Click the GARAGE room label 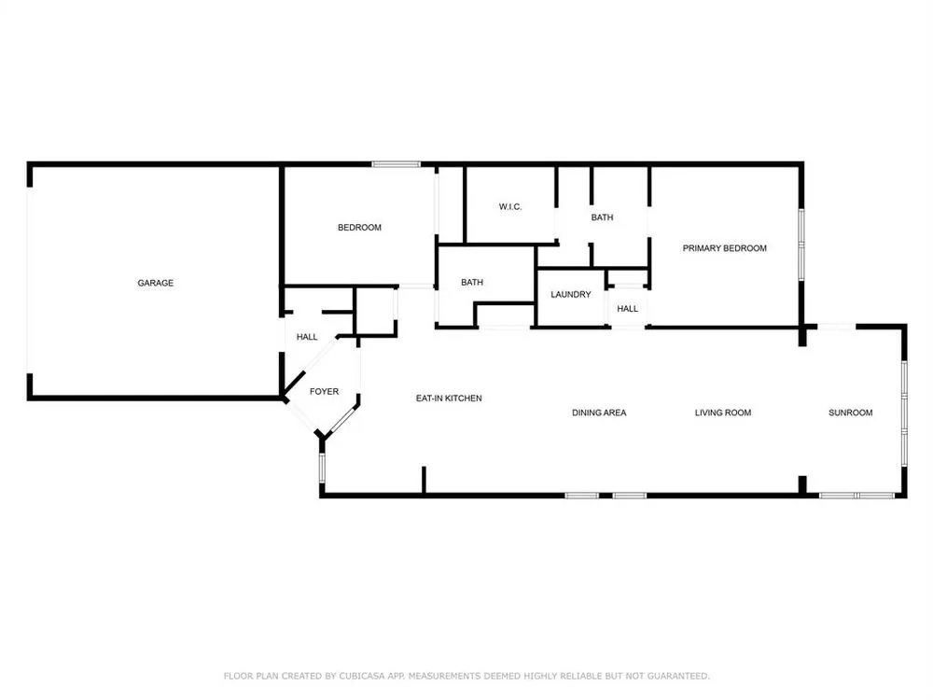(x=155, y=283)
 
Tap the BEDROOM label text (x=359, y=228)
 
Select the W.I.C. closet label (x=510, y=207)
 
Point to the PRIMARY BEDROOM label (x=724, y=248)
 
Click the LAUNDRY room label (x=571, y=295)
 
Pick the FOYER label (x=325, y=392)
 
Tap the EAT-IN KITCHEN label (x=449, y=399)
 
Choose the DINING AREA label (x=599, y=413)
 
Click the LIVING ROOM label (x=723, y=413)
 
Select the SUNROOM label (x=850, y=413)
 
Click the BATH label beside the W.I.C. (x=602, y=217)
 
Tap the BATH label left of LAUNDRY (x=472, y=282)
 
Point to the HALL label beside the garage (x=307, y=337)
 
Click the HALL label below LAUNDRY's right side (x=627, y=308)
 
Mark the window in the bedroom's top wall (x=397, y=164)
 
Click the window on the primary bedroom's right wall (x=801, y=245)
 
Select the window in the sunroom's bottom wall (x=856, y=496)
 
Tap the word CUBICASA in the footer (x=362, y=676)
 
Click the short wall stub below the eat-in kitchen (x=424, y=480)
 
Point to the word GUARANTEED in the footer (x=678, y=676)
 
